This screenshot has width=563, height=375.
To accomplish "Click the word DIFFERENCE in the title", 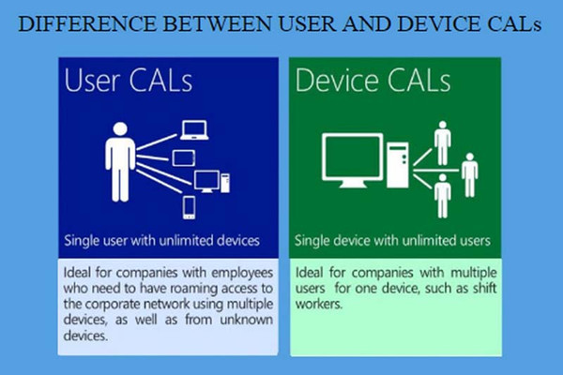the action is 87,23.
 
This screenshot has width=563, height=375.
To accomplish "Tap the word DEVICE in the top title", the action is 440,23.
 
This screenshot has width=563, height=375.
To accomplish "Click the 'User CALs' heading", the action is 129,80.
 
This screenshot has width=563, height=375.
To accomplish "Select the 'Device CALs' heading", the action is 373,80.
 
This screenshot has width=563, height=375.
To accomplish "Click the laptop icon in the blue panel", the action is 194,130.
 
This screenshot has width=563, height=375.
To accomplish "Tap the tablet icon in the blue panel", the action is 184,158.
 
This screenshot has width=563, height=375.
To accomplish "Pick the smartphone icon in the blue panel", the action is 190,207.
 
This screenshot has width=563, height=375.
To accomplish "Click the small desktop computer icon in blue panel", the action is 212,182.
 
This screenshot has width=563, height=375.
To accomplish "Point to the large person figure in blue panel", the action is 120,162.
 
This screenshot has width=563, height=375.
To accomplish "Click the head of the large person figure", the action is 120,129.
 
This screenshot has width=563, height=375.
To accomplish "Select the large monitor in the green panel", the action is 352,160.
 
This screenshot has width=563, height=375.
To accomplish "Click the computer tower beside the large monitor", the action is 398,165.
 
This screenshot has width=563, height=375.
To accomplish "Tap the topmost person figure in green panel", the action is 443,142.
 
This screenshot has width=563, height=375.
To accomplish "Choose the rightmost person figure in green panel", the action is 470,174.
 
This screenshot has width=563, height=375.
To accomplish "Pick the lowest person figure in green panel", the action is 443,196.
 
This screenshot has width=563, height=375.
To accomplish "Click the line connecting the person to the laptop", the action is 157,142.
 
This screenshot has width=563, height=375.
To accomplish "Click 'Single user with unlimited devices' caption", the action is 162,240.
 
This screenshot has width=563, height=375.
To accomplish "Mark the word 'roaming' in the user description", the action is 193,289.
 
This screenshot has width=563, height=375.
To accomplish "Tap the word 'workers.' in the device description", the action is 319,304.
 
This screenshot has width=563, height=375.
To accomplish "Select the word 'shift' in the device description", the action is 484,288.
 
